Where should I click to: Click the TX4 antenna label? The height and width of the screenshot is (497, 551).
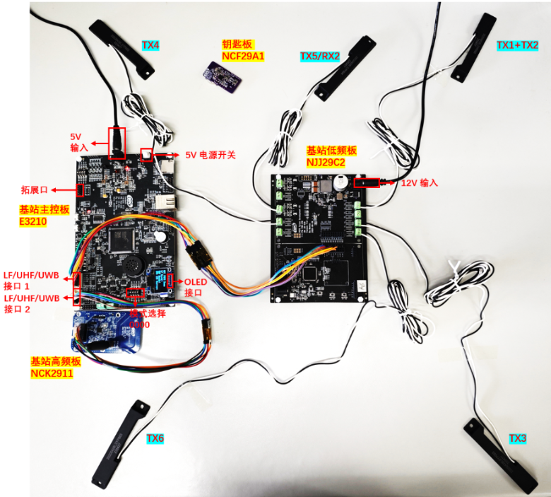(150, 46)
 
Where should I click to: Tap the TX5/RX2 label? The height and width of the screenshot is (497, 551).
(320, 57)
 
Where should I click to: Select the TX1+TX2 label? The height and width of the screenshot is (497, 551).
(517, 45)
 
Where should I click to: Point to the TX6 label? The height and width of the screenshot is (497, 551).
(155, 439)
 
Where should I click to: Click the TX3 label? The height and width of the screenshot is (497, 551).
(518, 439)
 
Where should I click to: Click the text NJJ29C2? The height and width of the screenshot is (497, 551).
(326, 162)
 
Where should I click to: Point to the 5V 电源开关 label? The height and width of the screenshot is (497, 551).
(211, 154)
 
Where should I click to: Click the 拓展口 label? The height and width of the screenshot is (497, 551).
(35, 189)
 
